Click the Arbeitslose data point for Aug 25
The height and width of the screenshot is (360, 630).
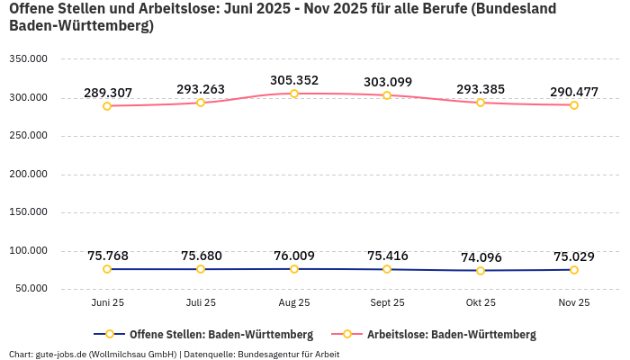(x=294, y=94)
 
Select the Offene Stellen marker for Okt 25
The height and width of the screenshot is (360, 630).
(x=481, y=270)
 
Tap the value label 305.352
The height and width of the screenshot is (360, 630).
(x=294, y=80)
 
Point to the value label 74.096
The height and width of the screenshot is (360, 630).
(x=481, y=256)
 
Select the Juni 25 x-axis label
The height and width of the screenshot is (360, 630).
(x=107, y=302)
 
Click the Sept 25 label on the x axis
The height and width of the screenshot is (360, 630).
(x=387, y=302)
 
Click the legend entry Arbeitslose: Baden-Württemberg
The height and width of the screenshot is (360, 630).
(x=451, y=334)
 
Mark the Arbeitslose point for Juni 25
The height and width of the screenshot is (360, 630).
(x=107, y=106)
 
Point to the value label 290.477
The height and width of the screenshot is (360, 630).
(x=574, y=92)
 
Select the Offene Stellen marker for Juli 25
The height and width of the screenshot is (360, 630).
(x=201, y=269)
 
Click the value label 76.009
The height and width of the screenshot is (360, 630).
(x=294, y=256)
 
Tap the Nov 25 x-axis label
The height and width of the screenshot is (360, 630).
(x=574, y=302)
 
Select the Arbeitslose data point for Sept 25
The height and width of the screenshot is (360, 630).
(x=387, y=95)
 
